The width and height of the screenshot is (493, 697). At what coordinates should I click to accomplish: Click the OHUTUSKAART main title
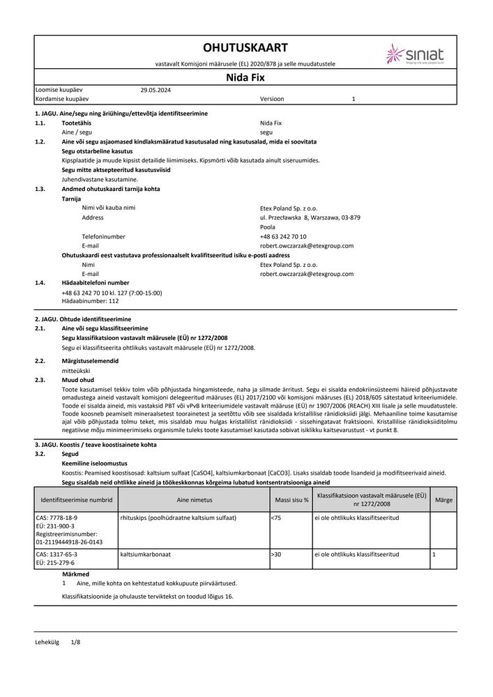tap(245, 47)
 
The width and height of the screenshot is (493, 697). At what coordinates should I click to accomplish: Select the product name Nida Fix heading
tap(245, 79)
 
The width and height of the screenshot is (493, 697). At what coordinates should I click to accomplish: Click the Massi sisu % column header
tap(291, 500)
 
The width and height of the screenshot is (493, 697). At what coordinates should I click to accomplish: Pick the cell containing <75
tap(275, 518)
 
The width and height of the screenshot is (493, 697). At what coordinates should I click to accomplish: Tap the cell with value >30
tap(275, 554)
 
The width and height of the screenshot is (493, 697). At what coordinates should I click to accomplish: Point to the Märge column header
tap(443, 500)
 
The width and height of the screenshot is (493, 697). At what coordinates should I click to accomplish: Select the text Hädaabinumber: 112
tap(91, 301)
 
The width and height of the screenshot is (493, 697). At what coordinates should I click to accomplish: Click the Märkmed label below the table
tap(76, 574)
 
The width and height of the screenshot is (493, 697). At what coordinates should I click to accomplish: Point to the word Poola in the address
tap(267, 227)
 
